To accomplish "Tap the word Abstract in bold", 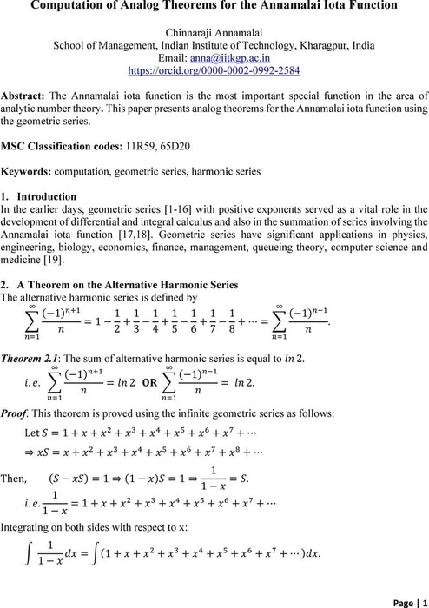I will point(23,94).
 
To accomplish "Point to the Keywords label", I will point(28,172).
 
